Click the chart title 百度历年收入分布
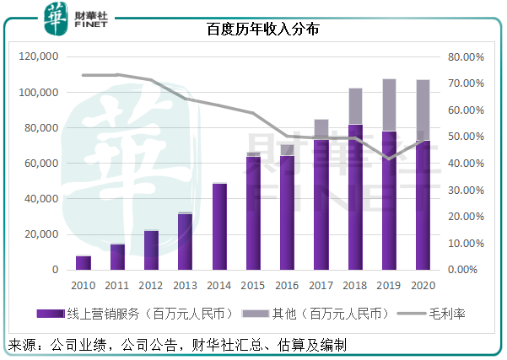point(253,30)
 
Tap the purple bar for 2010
point(83,262)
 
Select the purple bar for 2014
point(219,226)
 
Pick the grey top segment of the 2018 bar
point(355,106)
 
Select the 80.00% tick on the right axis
point(463,57)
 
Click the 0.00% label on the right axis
point(465,270)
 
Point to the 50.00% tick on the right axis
point(463,137)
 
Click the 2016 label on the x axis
point(288,285)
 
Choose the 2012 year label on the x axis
point(151,285)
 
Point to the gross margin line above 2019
point(389,159)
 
